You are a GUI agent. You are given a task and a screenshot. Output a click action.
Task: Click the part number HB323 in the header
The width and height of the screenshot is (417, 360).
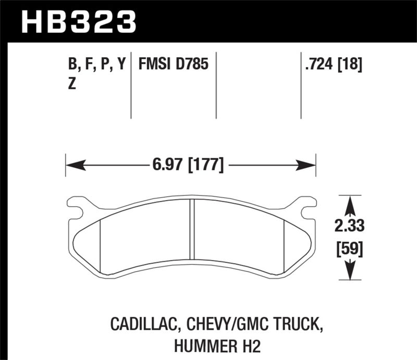[78, 22]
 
